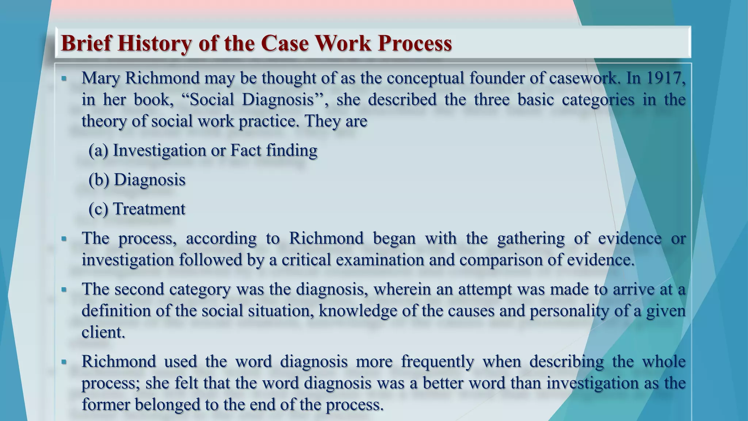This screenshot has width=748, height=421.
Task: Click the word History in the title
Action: (x=154, y=43)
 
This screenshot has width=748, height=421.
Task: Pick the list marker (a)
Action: (x=98, y=151)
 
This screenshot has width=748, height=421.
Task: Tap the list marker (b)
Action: (x=99, y=180)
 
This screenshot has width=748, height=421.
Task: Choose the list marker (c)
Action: (x=98, y=209)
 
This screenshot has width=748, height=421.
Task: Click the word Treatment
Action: (x=149, y=209)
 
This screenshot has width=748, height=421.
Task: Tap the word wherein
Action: (x=402, y=289)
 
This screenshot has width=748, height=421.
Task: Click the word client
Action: (x=103, y=332)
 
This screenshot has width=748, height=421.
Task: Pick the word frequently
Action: (x=438, y=362)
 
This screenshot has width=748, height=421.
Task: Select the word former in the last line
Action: (x=106, y=405)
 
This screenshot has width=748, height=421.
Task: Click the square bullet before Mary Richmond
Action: (x=64, y=78)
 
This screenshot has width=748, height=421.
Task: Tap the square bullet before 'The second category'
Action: (x=64, y=289)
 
